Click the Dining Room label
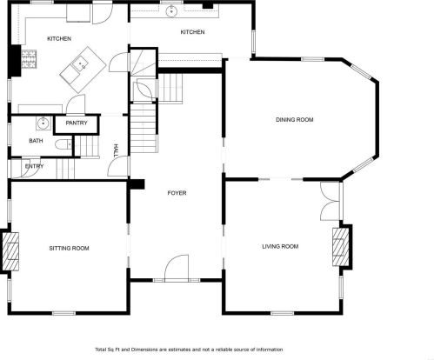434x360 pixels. pos(294,119)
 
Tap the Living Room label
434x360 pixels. pos(280,246)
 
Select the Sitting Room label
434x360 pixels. pos(69,248)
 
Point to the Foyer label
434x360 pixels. pos(177,193)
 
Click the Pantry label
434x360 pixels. pos(77,123)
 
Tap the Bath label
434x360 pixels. pos(36,141)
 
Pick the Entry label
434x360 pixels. pos(34,166)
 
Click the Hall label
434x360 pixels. pos(117,151)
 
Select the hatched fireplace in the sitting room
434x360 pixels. pos(10,251)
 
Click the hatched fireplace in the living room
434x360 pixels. pos(341,246)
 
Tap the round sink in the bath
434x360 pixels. pos(43,123)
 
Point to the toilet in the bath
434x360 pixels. pos(63,144)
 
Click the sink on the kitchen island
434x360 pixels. pos(80,64)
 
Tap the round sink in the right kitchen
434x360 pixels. pos(171,12)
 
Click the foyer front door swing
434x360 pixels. pos(177,268)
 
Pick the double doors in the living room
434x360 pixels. pos(330,202)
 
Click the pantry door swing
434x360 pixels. pos(76,104)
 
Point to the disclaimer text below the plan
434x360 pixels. pos(189,350)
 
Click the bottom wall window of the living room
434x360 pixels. pos(283,313)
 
